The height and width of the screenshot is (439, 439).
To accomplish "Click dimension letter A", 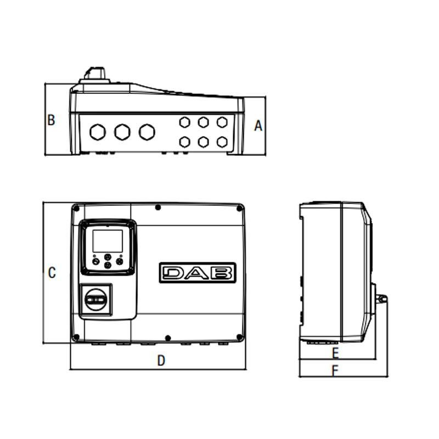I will coord(258,126).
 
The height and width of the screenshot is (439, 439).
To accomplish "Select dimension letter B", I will coord(51,120).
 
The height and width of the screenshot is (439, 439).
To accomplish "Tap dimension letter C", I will coord(52,273).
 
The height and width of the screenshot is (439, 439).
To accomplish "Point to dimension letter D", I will coord(161,361).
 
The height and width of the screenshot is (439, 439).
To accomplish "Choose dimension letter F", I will coord(335,370).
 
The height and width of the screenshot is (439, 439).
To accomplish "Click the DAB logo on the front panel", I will coord(198,273).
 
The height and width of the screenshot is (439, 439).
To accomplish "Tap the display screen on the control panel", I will coord(107,240).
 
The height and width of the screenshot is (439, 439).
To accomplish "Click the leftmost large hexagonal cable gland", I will coord(98,132).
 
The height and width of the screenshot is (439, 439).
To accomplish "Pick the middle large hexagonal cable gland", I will coord(122,132).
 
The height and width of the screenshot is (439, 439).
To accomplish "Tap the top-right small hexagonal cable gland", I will coord(222,122).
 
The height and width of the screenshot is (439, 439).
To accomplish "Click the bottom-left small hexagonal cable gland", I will coord(185,142).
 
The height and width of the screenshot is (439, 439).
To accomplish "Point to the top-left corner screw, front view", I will coord(76,208).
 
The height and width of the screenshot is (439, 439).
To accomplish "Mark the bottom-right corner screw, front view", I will coord(238,337).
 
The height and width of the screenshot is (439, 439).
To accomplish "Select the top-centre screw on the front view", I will coord(158,207).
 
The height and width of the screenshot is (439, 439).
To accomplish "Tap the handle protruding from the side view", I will coord(381,299).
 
